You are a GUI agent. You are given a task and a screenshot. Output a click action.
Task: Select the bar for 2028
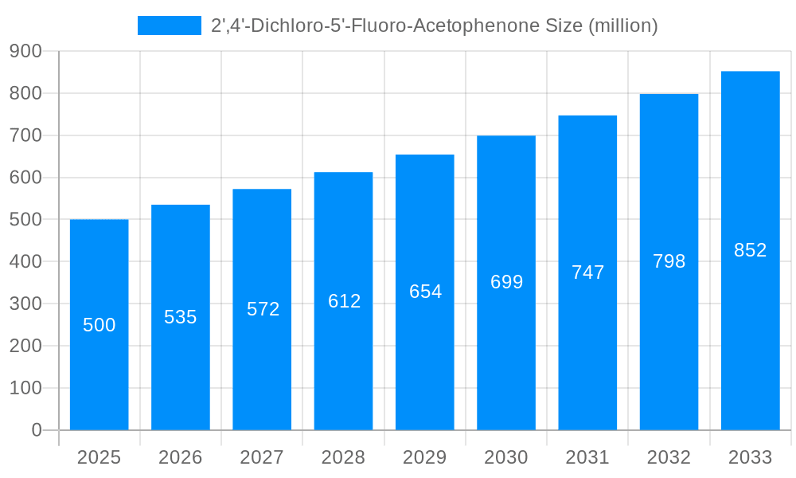coord(343,358)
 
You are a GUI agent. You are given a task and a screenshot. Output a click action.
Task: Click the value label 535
coord(181,317)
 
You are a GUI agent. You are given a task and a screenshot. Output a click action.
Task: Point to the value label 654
coord(425,292)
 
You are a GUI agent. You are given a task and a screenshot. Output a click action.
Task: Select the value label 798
coord(669,261)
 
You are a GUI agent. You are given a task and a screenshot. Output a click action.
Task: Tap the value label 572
coord(263,309)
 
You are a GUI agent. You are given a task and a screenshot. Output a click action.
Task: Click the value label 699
coord(506,282)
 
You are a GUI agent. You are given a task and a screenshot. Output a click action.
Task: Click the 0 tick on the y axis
coord(36,430)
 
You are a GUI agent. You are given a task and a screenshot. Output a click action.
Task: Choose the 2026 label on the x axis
coord(181,457)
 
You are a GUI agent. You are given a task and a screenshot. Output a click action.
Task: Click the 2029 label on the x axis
coord(425,457)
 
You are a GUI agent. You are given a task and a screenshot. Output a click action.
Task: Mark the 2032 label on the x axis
coord(669,457)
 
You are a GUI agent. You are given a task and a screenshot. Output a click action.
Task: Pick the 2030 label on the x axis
coord(506,457)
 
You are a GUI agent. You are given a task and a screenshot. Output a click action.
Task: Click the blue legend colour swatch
coord(170,25)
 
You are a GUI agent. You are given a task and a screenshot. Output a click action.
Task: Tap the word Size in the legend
coord(564,25)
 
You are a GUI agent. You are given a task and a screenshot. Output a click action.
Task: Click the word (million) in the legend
coord(622,25)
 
